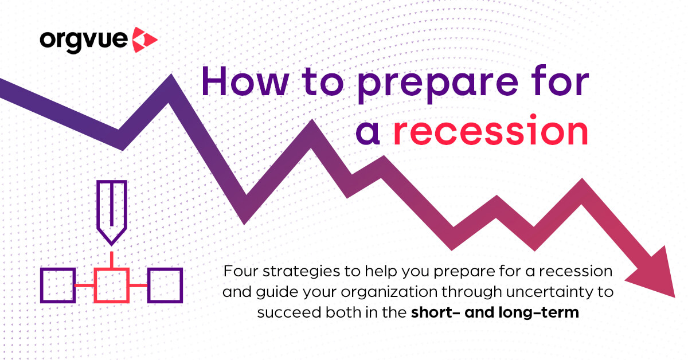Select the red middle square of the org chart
pyautogui.click(x=111, y=285)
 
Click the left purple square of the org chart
pyautogui.click(x=58, y=285)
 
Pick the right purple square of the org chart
pyautogui.click(x=165, y=285)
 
